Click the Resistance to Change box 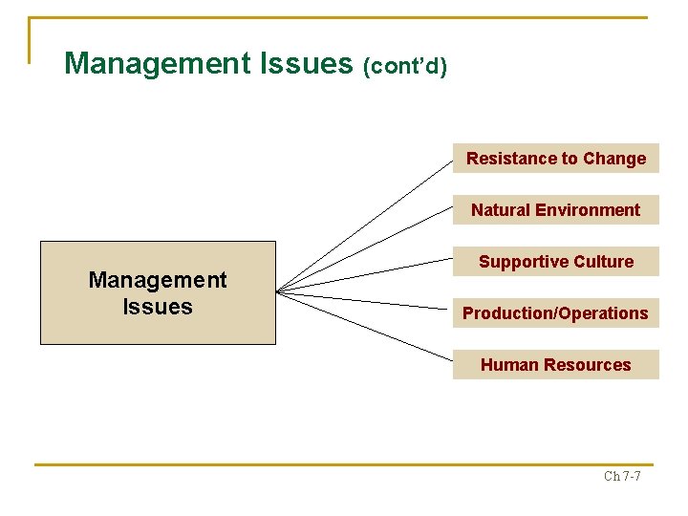(555, 159)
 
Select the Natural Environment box (555, 210)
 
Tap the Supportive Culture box (555, 262)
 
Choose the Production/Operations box (555, 313)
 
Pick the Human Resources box (555, 365)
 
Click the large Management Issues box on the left (158, 292)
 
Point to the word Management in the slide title (156, 64)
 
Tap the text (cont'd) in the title (405, 67)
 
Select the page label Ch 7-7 (622, 476)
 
